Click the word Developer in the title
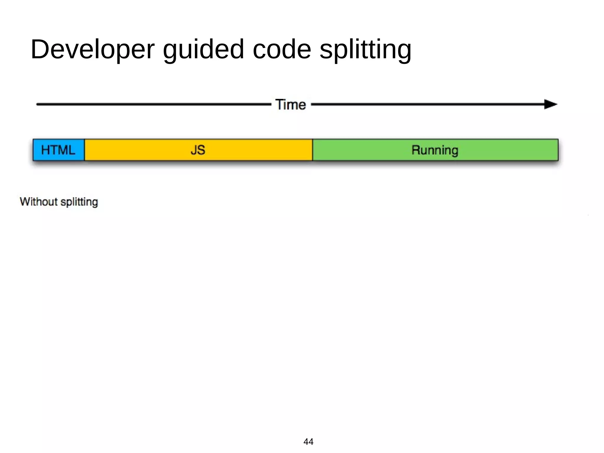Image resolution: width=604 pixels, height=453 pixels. [x=93, y=49]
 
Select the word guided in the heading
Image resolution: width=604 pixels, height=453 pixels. [x=203, y=49]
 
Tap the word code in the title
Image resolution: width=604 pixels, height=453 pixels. [x=282, y=49]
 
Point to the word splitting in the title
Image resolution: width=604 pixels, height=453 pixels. [x=365, y=49]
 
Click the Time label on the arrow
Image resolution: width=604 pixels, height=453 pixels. [x=291, y=104]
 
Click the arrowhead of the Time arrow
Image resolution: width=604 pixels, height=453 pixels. [x=550, y=104]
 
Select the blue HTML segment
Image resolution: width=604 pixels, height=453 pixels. [x=59, y=150]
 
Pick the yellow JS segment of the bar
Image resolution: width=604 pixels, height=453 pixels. [x=147, y=150]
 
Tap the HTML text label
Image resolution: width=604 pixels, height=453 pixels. [x=58, y=150]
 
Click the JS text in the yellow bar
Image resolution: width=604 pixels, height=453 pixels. [x=198, y=150]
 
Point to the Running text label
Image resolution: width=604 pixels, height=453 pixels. [x=435, y=150]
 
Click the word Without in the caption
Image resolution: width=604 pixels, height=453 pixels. [x=39, y=202]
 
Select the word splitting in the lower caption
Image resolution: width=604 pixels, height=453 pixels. [x=79, y=202]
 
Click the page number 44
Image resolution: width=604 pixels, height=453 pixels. [x=308, y=441]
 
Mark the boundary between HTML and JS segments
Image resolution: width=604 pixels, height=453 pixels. [x=85, y=150]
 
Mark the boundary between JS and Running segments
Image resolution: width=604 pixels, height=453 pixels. [x=313, y=150]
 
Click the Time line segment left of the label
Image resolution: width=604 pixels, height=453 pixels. [x=153, y=104]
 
